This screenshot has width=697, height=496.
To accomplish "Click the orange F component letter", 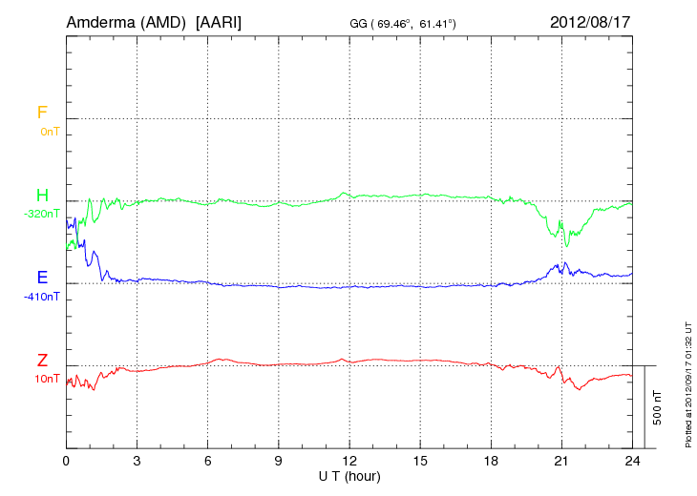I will point(41,113).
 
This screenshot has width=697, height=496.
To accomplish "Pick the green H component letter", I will point(42,196).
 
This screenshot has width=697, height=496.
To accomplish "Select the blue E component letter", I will point(42,278).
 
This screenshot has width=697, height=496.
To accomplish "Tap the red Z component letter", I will point(42,361).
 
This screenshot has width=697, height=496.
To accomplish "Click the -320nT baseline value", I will point(42,214).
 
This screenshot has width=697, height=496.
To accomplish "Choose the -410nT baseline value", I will point(42,296).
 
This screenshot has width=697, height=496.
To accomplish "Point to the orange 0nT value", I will point(49,131).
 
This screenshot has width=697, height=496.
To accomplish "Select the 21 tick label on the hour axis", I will point(561,461).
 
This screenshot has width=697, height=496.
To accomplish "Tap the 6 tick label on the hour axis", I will point(208,461).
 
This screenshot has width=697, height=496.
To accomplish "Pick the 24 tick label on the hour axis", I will point(632,461).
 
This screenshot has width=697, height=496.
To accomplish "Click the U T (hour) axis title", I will point(349,475).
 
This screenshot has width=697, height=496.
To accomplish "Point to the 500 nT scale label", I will point(658,407).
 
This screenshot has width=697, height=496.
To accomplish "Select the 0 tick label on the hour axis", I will point(67,461).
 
